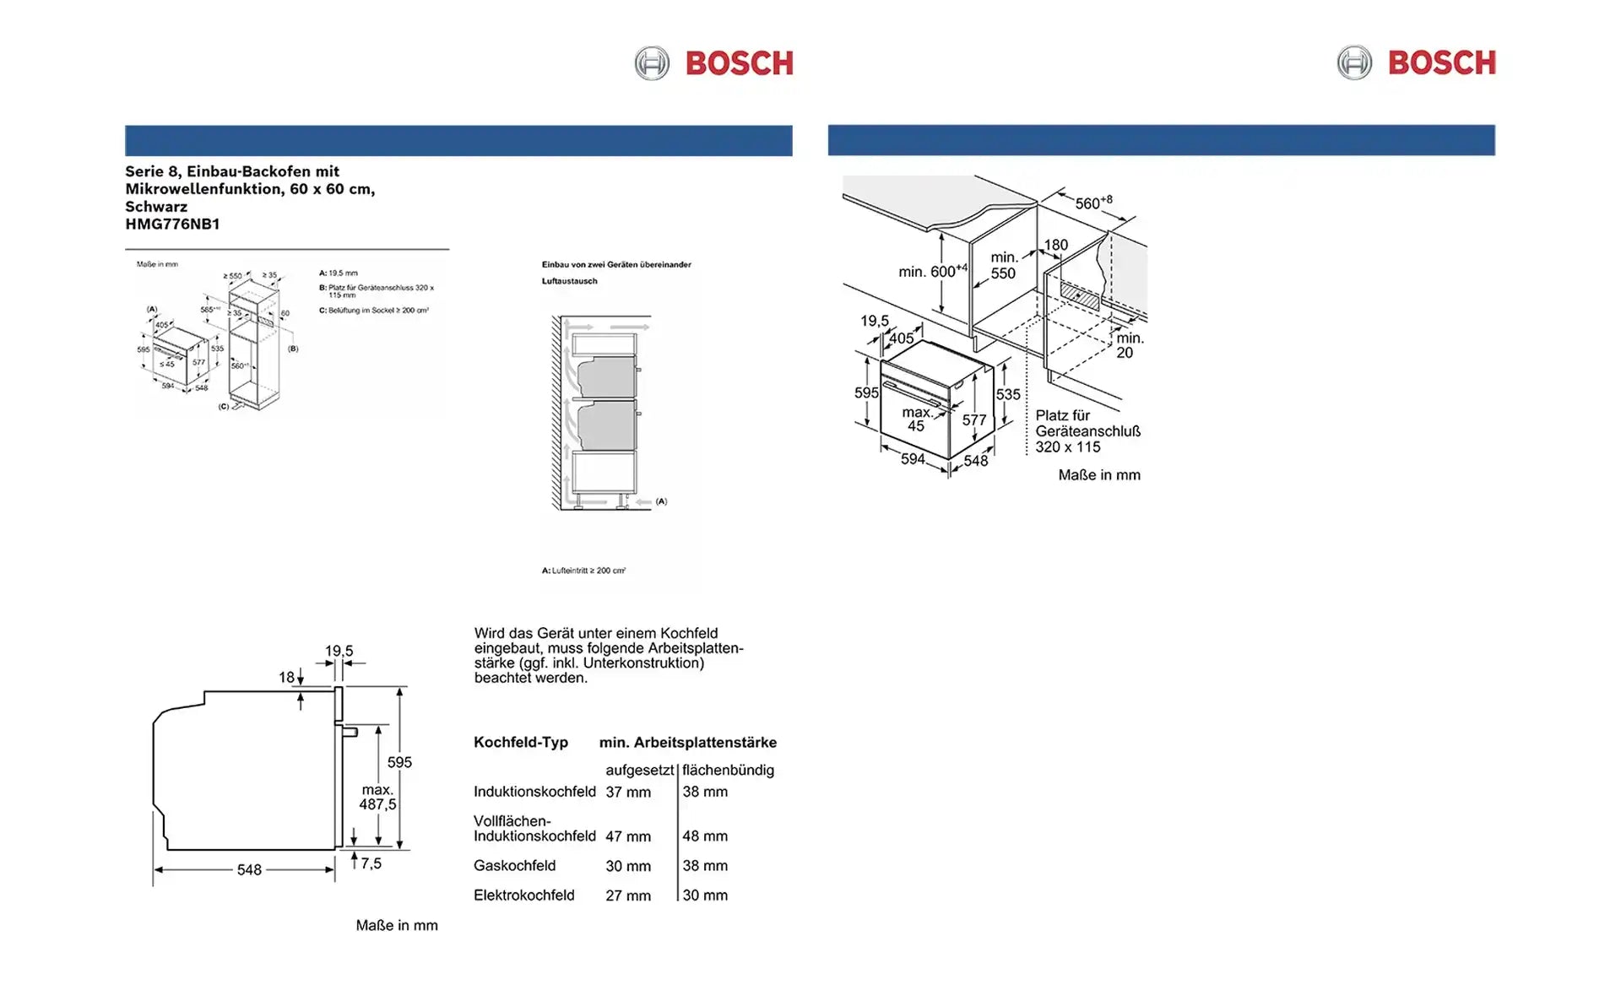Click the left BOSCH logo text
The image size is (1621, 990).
(x=739, y=63)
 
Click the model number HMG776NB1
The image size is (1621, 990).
(x=172, y=224)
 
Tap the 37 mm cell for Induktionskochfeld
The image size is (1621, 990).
(x=627, y=792)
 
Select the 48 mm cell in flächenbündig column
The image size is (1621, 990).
(x=704, y=836)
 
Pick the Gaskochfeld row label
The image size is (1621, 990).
(x=514, y=865)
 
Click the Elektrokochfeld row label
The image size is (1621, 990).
(x=523, y=895)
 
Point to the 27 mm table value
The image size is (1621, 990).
(x=627, y=895)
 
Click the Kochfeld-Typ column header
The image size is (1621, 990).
(x=520, y=742)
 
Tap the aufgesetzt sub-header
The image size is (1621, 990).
(x=638, y=770)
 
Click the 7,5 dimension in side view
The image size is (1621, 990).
(x=371, y=863)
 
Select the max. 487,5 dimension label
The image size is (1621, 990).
(x=377, y=797)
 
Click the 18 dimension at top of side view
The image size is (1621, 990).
(x=287, y=677)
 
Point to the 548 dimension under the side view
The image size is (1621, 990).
(x=249, y=869)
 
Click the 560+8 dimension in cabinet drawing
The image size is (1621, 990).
(x=1092, y=203)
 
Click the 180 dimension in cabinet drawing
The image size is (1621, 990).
(x=1055, y=245)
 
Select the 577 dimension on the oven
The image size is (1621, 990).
(x=973, y=419)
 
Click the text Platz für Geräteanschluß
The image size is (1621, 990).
(x=1087, y=424)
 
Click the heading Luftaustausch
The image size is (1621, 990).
(x=569, y=281)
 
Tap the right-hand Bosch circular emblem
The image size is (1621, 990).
(x=1354, y=63)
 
